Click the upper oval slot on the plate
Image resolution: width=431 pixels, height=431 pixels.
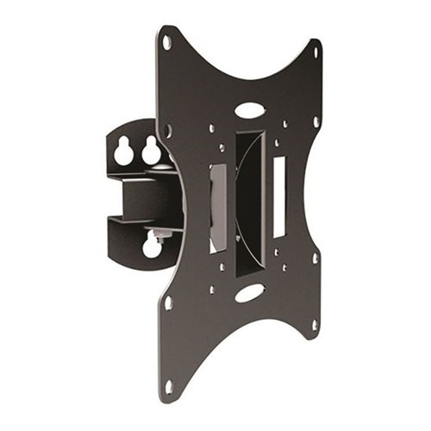point(249,110)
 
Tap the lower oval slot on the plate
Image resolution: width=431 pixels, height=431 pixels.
point(249,293)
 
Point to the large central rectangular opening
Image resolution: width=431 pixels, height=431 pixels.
point(249,203)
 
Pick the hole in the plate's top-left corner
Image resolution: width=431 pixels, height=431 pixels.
point(166,41)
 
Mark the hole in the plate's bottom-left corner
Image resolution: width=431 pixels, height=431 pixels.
point(167,385)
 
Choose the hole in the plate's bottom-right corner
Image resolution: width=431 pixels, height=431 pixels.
point(315,325)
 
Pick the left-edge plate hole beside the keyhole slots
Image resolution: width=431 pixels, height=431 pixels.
point(168,131)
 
